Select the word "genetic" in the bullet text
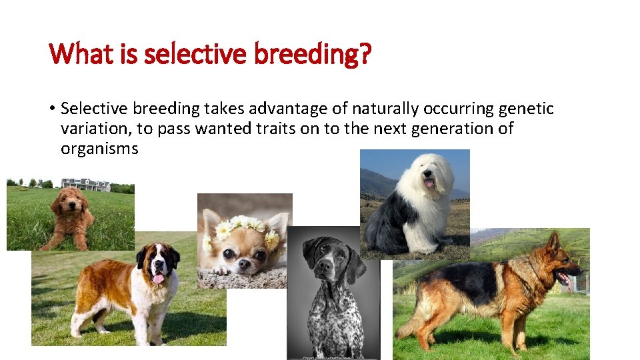[x=526, y=108]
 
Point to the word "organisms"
[x=99, y=149]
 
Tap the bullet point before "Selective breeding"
[x=52, y=109]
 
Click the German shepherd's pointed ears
[x=554, y=241]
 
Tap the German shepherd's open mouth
[x=564, y=277]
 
